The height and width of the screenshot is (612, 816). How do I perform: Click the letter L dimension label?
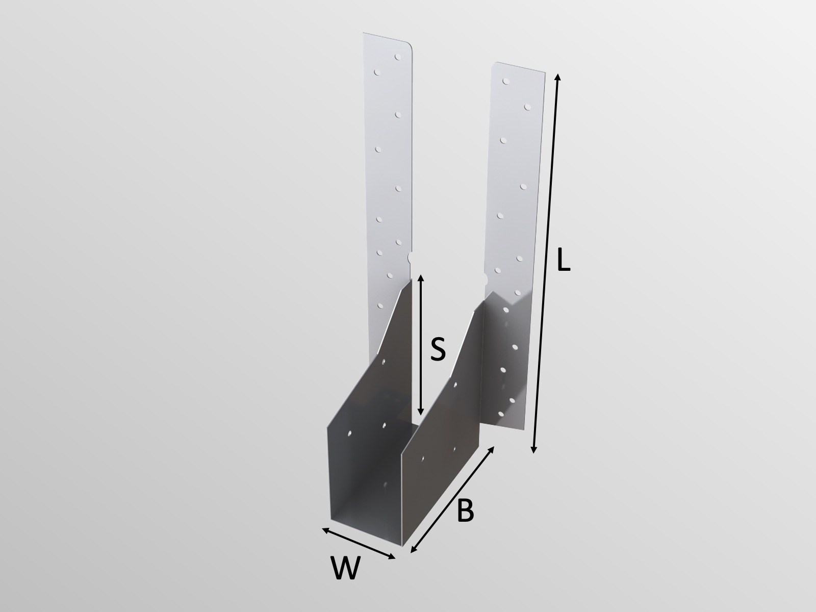pos(563,261)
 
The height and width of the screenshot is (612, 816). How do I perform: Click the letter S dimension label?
pos(438,350)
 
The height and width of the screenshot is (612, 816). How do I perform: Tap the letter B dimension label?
pos(465,511)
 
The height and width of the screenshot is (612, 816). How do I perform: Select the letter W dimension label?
pos(345,568)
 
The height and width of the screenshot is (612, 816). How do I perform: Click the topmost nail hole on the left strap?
pos(397,57)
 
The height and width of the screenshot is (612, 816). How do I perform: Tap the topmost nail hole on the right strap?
pos(505,81)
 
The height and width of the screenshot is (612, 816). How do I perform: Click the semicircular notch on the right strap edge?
pos(485,279)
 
